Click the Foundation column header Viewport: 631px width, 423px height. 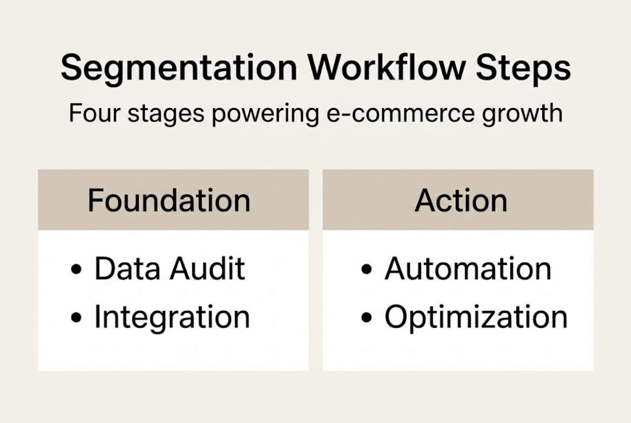[169, 200]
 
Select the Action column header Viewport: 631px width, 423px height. [460, 200]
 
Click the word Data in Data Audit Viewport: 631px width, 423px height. [127, 268]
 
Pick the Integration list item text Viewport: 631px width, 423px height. [172, 318]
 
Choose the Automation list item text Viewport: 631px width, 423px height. [468, 268]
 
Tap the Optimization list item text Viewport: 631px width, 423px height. [476, 318]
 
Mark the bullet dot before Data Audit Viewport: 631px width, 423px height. [76, 271]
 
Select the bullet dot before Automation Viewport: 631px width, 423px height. [367, 271]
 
